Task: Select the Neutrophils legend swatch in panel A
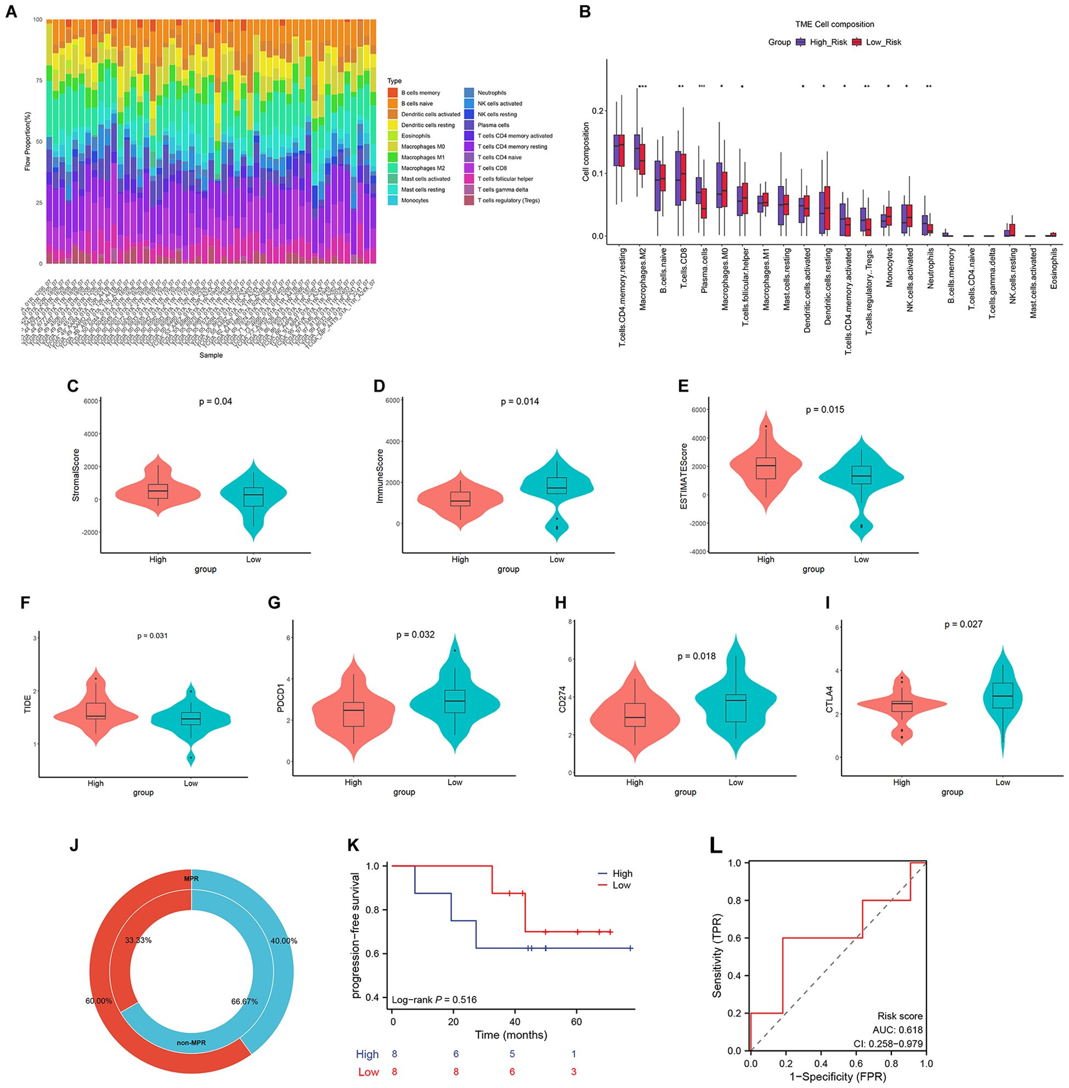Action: (469, 93)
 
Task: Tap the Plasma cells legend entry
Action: (494, 125)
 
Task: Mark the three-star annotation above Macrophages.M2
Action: (642, 87)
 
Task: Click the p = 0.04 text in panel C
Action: (216, 401)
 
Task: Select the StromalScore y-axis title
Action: (77, 474)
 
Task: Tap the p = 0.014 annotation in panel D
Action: (520, 401)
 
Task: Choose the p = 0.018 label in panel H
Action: (697, 656)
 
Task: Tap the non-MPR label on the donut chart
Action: (191, 1042)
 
